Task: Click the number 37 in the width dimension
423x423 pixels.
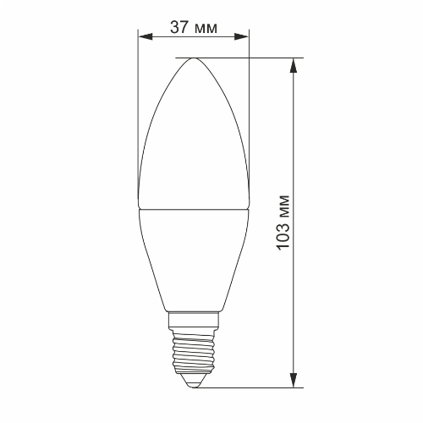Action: pyautogui.click(x=179, y=26)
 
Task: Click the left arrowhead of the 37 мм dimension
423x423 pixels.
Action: pyautogui.click(x=143, y=36)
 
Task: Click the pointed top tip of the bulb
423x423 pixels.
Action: pyautogui.click(x=194, y=58)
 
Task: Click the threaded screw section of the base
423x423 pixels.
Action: pyautogui.click(x=194, y=355)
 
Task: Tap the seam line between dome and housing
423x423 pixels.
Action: pyautogui.click(x=194, y=208)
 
